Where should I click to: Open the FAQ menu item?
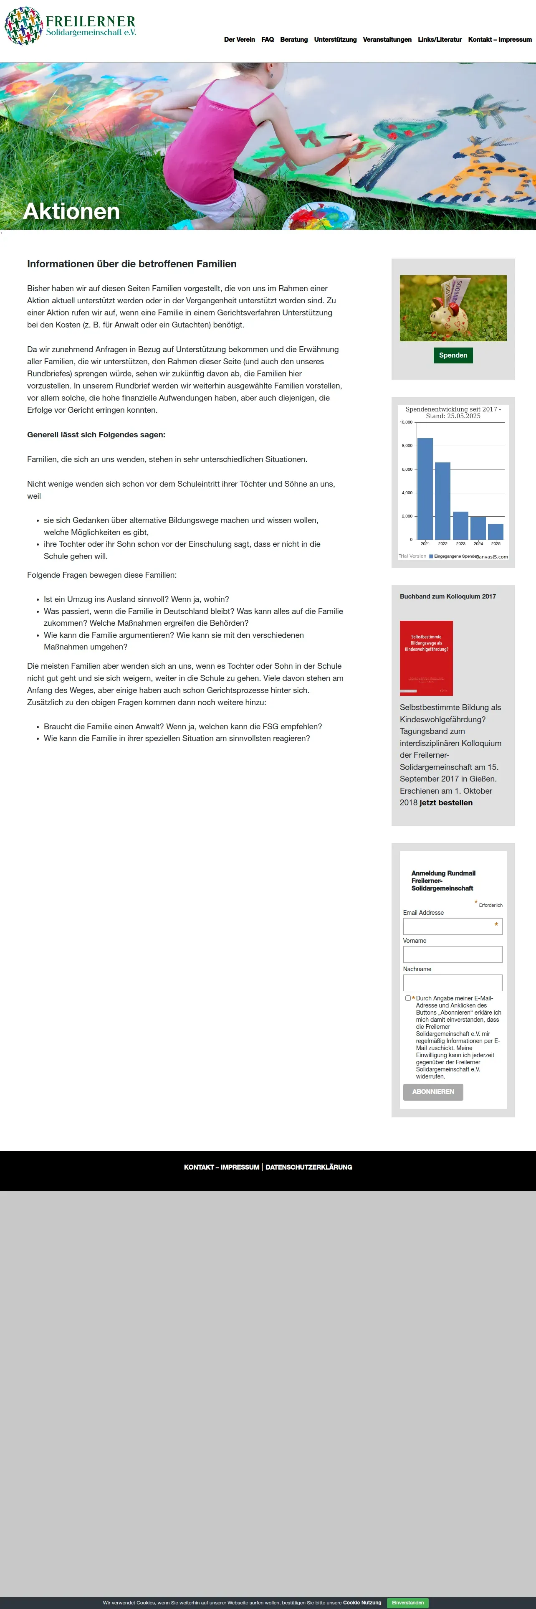[267, 39]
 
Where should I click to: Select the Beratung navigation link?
[293, 39]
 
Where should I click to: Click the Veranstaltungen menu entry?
[387, 39]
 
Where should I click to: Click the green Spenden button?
[453, 355]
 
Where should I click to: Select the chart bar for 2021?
[425, 488]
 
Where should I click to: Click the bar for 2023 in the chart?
[460, 525]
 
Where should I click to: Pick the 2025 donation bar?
[496, 532]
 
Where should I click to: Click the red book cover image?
[426, 658]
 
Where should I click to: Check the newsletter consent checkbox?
[408, 998]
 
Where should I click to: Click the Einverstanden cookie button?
[407, 1603]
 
